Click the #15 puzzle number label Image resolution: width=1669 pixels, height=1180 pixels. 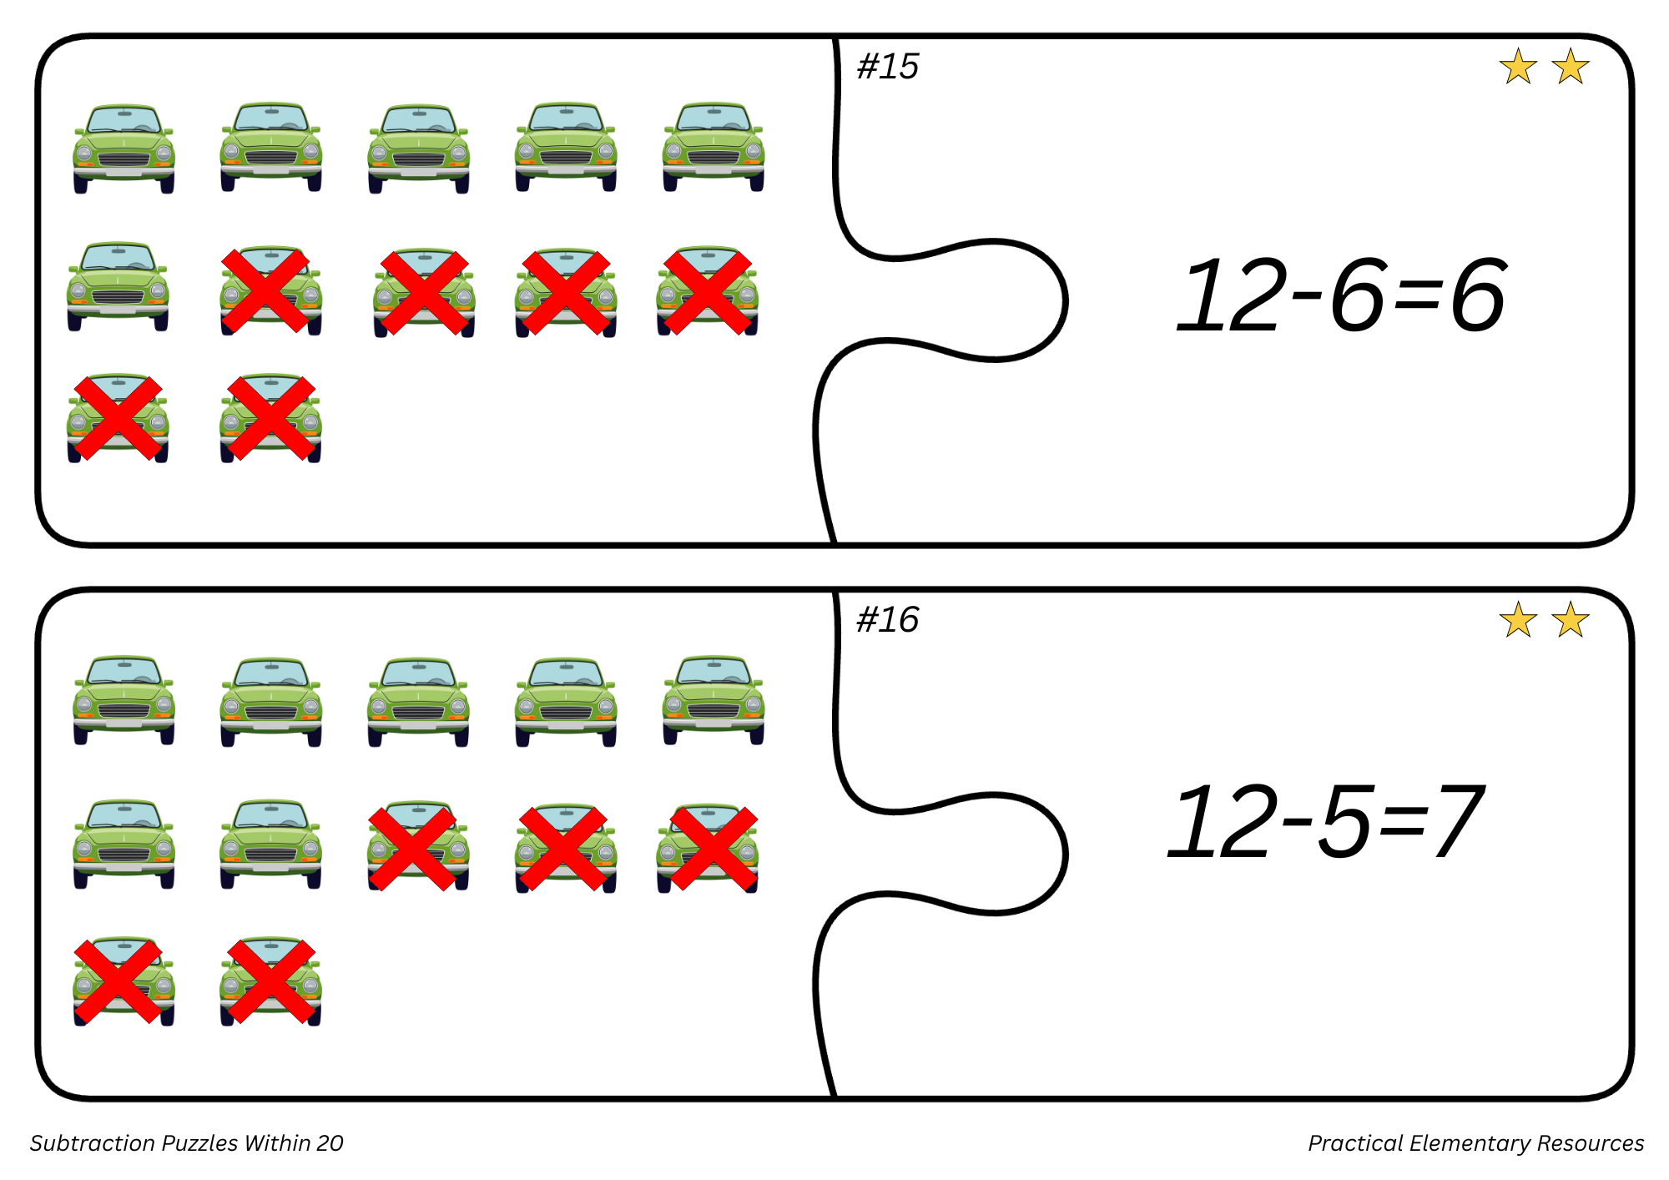point(887,67)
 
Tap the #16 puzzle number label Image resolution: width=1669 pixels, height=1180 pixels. point(887,620)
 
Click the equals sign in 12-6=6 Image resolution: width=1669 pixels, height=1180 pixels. point(1418,298)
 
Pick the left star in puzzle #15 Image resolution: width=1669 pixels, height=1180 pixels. point(1518,66)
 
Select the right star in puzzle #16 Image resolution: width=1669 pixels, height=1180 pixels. point(1571,619)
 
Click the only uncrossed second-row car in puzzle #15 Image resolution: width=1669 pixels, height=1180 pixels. point(118,286)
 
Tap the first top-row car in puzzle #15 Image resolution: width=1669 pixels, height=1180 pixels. point(124,149)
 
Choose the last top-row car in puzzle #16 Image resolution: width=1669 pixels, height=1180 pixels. point(713,699)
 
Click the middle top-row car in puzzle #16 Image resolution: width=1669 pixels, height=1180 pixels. point(418,702)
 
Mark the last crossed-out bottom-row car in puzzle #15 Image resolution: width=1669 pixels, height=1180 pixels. point(271,417)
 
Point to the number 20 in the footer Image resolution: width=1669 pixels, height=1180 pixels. point(330,1143)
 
